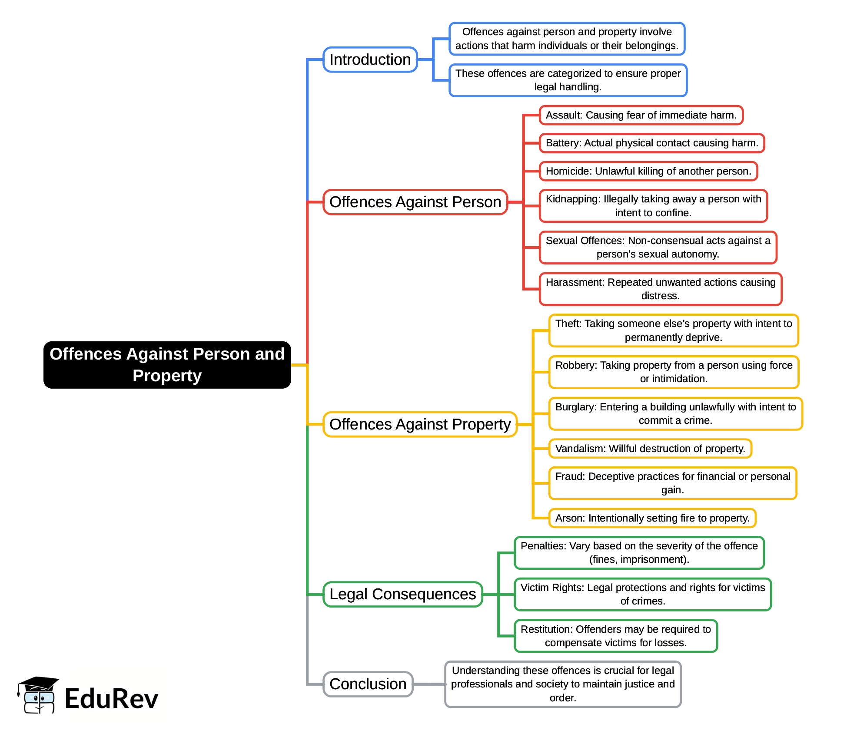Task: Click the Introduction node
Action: coord(370,59)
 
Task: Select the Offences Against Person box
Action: coord(415,202)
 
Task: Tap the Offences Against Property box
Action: coord(420,424)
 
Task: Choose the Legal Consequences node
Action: coord(402,594)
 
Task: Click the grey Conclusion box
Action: coord(368,684)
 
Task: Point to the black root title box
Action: coord(167,365)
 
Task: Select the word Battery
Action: coord(562,143)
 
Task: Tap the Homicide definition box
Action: coord(648,171)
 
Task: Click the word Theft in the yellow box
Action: coord(568,324)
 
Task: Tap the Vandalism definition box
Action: coord(650,449)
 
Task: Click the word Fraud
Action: coord(569,476)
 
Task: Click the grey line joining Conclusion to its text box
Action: coord(429,684)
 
